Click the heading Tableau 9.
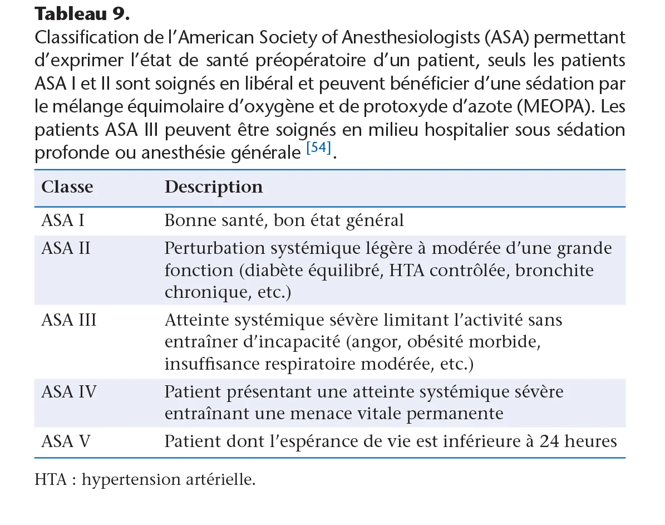click(x=82, y=14)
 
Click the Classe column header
click(x=67, y=187)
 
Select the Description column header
click(x=213, y=187)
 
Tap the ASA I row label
click(x=63, y=220)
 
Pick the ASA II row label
click(x=66, y=248)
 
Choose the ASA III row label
click(x=68, y=320)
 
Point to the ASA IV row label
click(x=68, y=392)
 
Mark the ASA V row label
click(x=66, y=441)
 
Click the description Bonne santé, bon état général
click(x=284, y=220)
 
